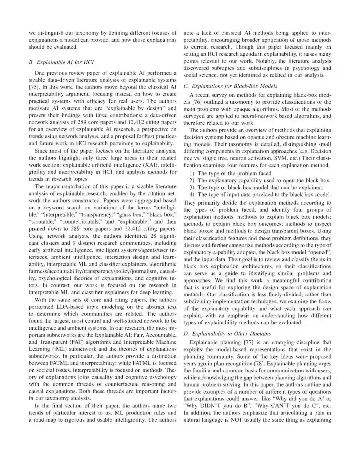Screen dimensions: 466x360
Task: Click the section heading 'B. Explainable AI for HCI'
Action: pyautogui.click(x=61, y=62)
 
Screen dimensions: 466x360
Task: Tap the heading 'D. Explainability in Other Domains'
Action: pyautogui.click(x=227, y=334)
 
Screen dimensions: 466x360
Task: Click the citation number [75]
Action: pyautogui.click(x=34, y=87)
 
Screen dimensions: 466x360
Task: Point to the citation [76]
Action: pyautogui.click(x=200, y=102)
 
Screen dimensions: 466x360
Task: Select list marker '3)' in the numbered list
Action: pyautogui.click(x=192, y=188)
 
